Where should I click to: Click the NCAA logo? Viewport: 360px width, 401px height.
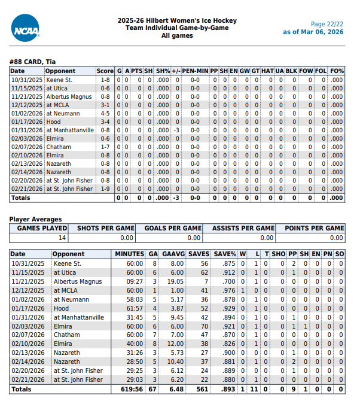pyautogui.click(x=25, y=28)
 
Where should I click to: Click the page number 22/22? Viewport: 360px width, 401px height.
pyautogui.click(x=327, y=24)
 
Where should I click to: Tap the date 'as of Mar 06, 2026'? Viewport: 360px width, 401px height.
pyautogui.click(x=313, y=32)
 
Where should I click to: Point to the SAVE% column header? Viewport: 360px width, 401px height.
pyautogui.click(x=224, y=254)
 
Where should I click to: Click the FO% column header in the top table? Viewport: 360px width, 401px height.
pyautogui.click(x=337, y=71)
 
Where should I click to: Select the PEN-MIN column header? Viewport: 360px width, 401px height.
pyautogui.click(x=195, y=71)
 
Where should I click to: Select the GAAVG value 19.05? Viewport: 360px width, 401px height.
pyautogui.click(x=175, y=281)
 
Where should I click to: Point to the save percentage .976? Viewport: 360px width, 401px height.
pyautogui.click(x=228, y=290)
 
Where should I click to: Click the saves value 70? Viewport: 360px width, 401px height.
pyautogui.click(x=204, y=326)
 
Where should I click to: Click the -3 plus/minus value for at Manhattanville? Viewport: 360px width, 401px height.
pyautogui.click(x=176, y=130)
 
